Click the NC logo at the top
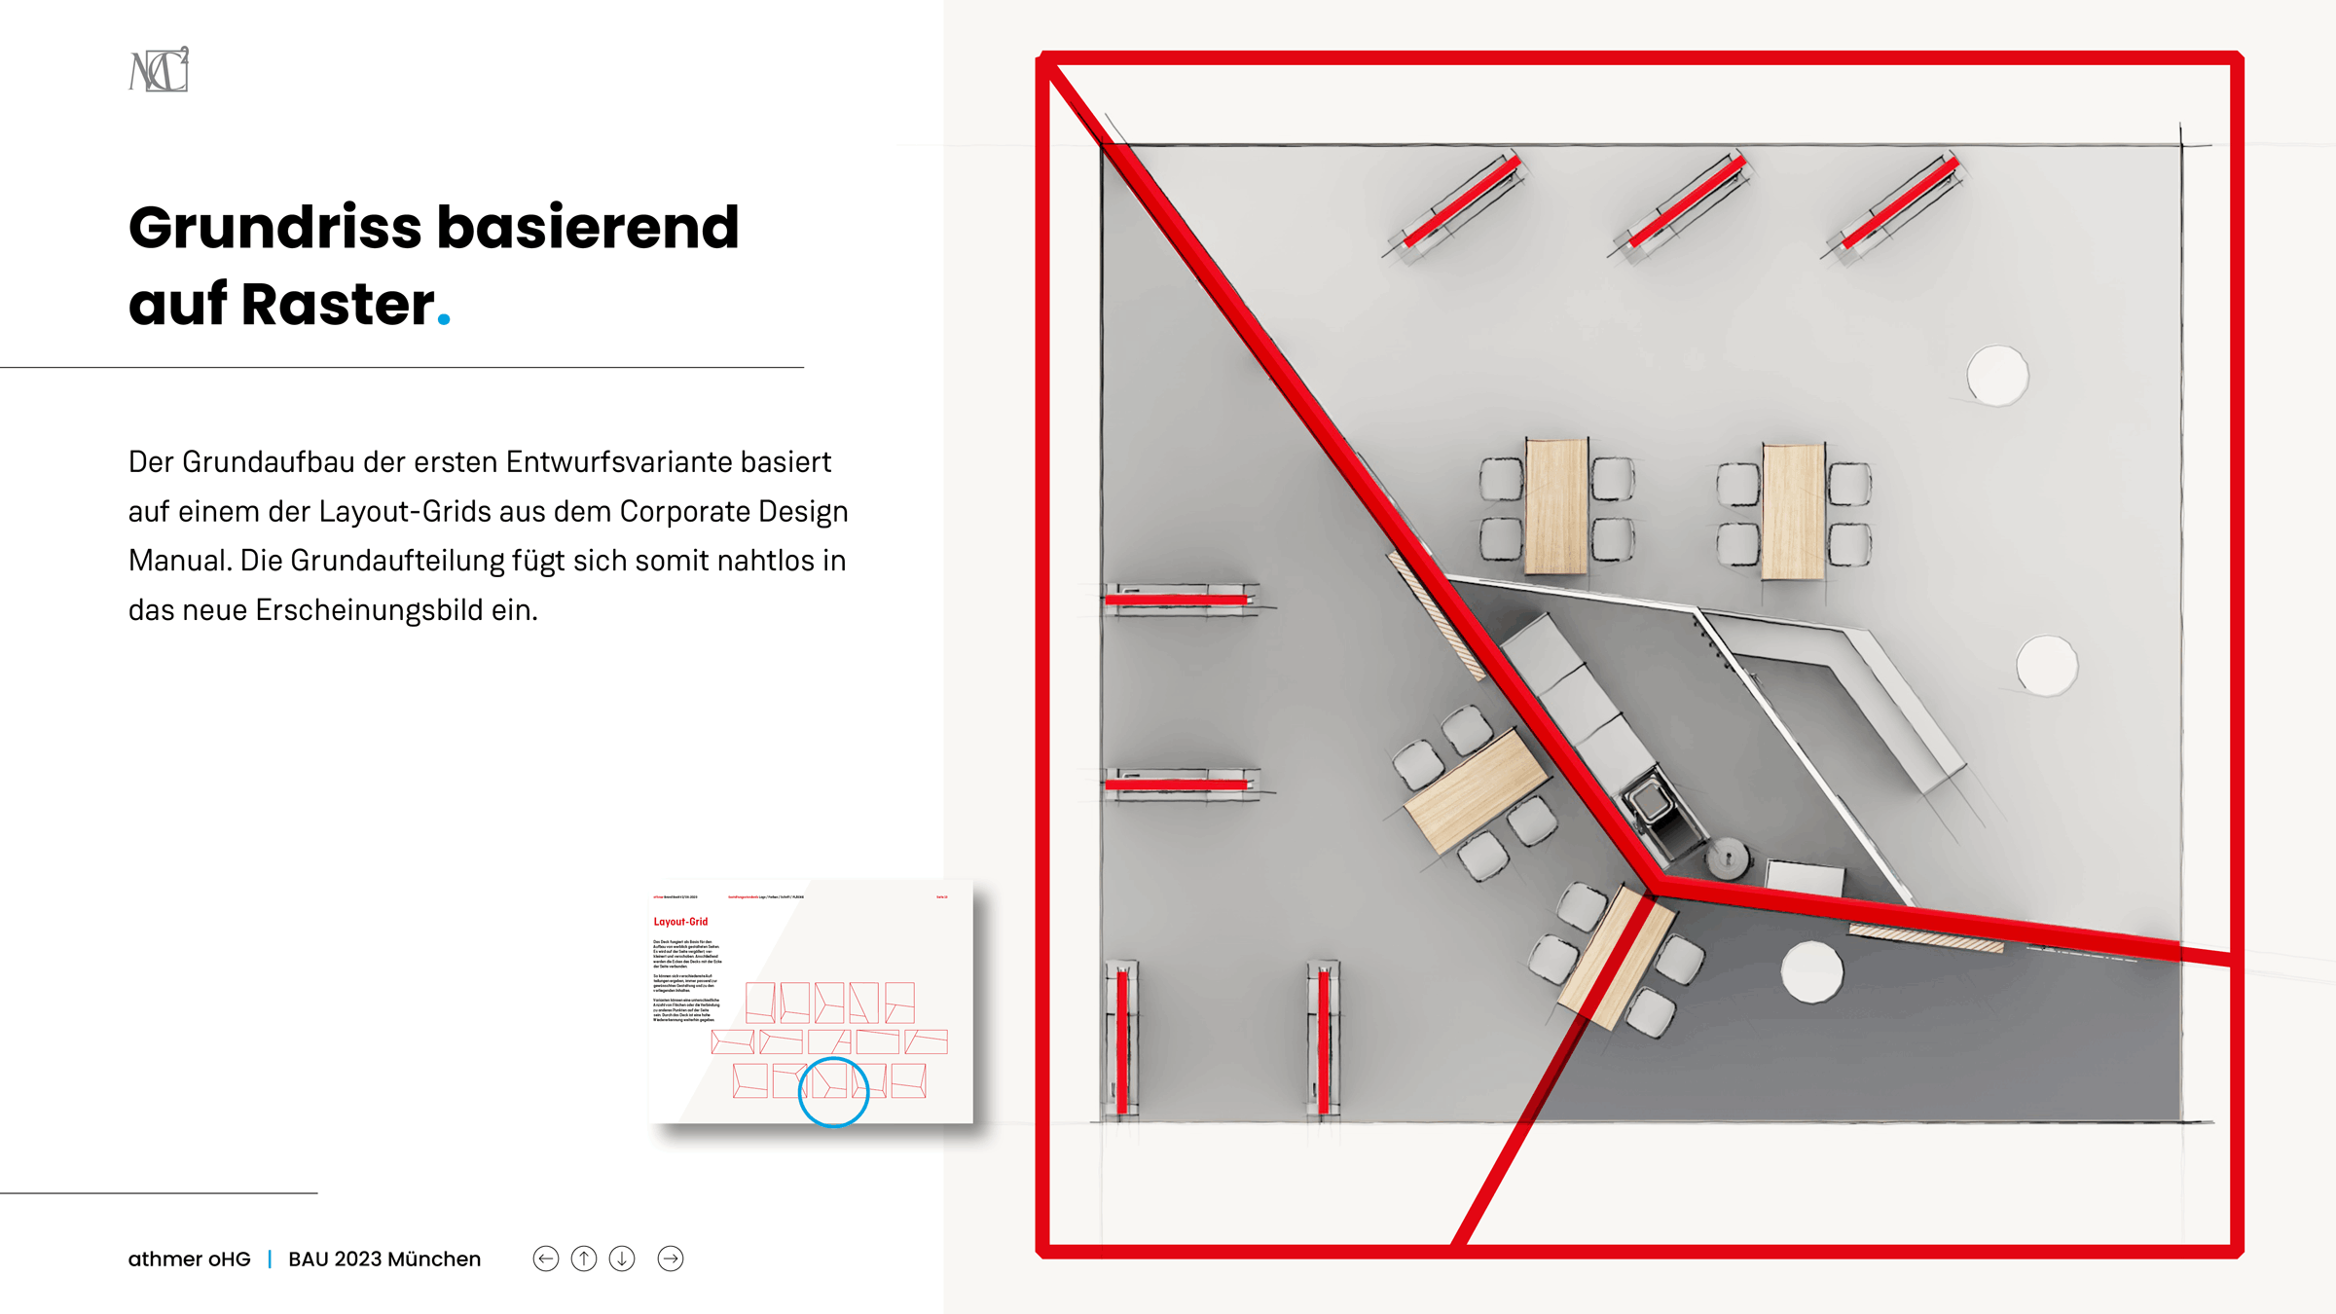pyautogui.click(x=159, y=70)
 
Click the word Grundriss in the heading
pyautogui.click(x=274, y=228)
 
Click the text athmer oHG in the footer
pyautogui.click(x=189, y=1259)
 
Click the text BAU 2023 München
pyautogui.click(x=384, y=1259)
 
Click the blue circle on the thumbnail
pyautogui.click(x=833, y=1092)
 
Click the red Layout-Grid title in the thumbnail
pyautogui.click(x=680, y=921)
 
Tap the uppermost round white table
pyautogui.click(x=1997, y=375)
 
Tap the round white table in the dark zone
pyautogui.click(x=1811, y=971)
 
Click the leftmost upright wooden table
pyautogui.click(x=1556, y=506)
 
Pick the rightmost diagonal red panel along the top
pyautogui.click(x=1899, y=203)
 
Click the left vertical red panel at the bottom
pyautogui.click(x=1121, y=1038)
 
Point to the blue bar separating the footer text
pyautogui.click(x=270, y=1259)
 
